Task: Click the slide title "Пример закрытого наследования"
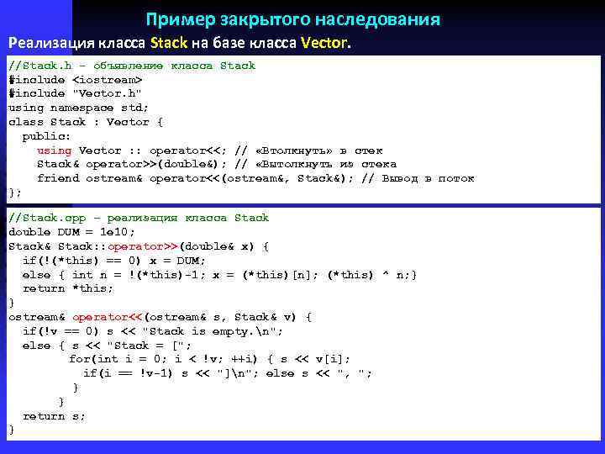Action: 292,19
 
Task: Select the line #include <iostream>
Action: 76,80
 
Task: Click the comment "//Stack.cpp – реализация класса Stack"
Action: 139,218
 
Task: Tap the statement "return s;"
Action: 55,415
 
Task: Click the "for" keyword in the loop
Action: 82,359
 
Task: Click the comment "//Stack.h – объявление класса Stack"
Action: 132,66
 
